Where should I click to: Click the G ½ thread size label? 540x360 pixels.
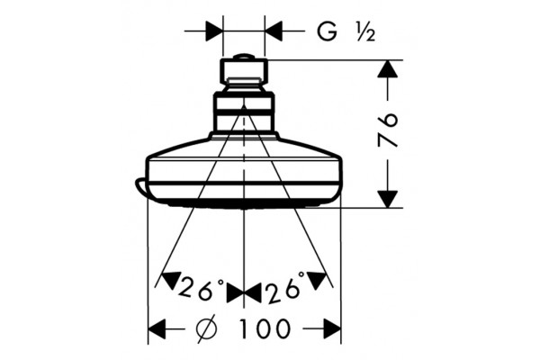coord(346,32)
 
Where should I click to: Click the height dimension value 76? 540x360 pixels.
coord(388,130)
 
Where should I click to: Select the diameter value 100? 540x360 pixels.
coord(265,328)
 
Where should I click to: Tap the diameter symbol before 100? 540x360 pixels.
coord(209,328)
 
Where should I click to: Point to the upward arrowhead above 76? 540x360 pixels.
coord(388,68)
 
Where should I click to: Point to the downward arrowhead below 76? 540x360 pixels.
coord(388,200)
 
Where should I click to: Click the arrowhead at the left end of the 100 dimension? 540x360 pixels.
coord(157,328)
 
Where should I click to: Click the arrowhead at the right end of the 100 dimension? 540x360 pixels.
coord(332,328)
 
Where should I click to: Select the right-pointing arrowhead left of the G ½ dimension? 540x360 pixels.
coord(214,31)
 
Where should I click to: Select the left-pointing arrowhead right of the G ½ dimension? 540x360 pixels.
coord(274,31)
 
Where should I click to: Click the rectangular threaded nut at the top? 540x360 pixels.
coord(244,72)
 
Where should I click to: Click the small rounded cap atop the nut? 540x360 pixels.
coord(244,57)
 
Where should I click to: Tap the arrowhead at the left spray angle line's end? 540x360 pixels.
coord(171,280)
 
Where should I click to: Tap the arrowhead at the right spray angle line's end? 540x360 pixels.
coord(317,280)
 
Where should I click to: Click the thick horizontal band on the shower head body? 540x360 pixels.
coord(244,182)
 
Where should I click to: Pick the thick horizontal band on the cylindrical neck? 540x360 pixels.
coord(244,112)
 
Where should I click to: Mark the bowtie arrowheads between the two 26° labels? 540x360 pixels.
coord(244,293)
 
